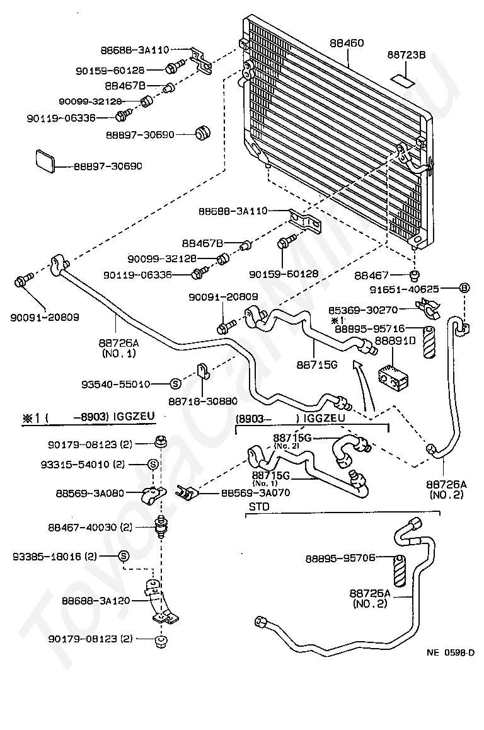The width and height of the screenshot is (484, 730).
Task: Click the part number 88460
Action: click(347, 43)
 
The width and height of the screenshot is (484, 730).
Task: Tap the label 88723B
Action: click(406, 55)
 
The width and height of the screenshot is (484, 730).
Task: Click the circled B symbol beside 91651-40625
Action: click(464, 288)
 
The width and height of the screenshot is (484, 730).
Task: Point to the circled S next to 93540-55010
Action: click(175, 384)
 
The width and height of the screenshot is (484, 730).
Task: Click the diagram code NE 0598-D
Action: click(451, 652)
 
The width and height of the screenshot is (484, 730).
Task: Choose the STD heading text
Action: click(259, 506)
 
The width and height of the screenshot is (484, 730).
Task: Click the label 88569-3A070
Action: click(255, 492)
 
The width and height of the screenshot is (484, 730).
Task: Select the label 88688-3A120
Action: click(96, 601)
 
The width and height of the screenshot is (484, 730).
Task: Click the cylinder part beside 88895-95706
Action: click(400, 571)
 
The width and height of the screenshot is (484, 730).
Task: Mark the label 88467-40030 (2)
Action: click(90, 527)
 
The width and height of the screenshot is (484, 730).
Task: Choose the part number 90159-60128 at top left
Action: click(110, 71)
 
